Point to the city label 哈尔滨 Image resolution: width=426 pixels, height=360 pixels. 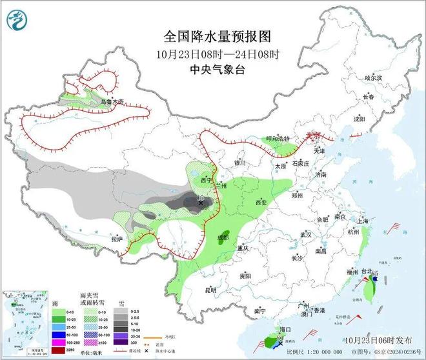coord(374,78)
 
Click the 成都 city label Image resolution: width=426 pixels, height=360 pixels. coord(223,238)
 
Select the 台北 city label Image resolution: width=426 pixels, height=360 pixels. coord(366,272)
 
